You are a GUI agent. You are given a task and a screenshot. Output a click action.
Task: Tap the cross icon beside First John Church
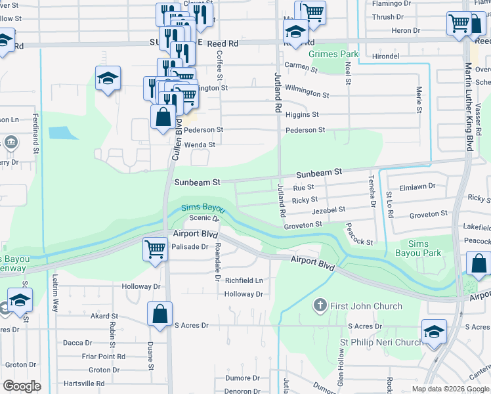click(x=320, y=305)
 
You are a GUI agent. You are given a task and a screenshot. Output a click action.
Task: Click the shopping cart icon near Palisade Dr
click(x=156, y=248)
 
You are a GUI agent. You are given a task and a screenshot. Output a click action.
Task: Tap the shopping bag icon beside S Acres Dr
click(x=160, y=313)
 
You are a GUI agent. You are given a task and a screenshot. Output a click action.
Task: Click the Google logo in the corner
click(x=22, y=385)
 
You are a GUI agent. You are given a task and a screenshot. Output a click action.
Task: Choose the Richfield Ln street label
click(x=244, y=280)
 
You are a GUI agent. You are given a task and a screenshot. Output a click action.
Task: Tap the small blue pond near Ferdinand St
click(x=62, y=132)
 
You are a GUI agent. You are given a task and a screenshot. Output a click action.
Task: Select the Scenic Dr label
click(x=201, y=218)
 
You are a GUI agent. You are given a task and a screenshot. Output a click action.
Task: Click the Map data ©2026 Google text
click(x=450, y=389)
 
